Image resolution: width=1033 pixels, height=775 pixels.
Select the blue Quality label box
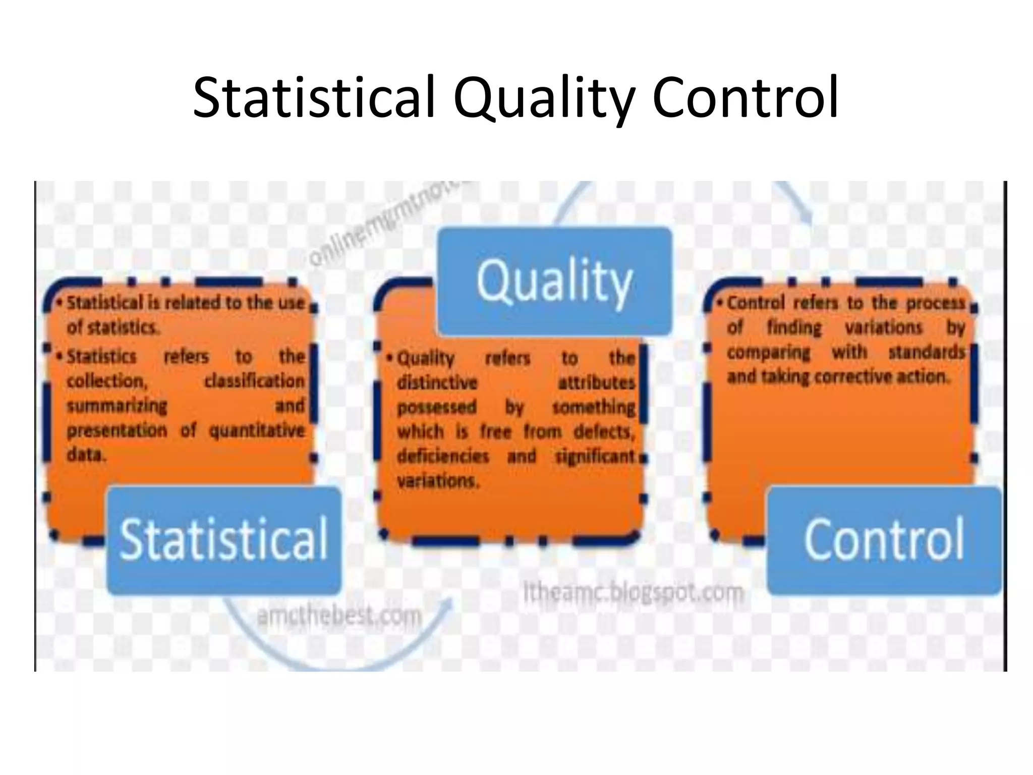tap(554, 281)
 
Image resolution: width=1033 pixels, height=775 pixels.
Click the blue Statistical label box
tap(224, 540)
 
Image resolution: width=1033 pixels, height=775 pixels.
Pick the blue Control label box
tap(884, 540)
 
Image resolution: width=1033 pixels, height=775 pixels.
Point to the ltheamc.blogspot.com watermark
tap(633, 592)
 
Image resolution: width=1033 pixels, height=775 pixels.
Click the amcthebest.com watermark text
tap(339, 616)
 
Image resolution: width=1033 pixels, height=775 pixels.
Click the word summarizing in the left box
tap(117, 406)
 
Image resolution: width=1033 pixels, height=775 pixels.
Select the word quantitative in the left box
tap(257, 430)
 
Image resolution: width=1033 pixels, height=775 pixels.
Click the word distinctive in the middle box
tap(437, 382)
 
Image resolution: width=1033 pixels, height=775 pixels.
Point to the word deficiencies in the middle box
tap(443, 456)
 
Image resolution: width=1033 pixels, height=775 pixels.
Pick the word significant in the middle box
tap(595, 456)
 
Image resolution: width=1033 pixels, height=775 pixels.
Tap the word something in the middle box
tap(594, 407)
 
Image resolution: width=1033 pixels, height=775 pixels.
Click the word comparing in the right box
tap(768, 352)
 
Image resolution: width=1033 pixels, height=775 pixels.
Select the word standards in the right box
tap(926, 352)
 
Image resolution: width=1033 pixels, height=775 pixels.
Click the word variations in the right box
tap(883, 328)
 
